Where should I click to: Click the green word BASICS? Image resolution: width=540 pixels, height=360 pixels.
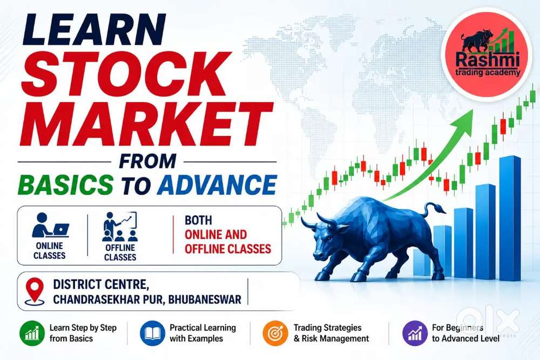tap(65, 185)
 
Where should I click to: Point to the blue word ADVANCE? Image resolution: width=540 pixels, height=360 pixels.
tap(217, 185)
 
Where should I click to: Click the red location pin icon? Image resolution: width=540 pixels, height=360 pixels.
tap(35, 291)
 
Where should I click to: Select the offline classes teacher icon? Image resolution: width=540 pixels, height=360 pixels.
tap(120, 227)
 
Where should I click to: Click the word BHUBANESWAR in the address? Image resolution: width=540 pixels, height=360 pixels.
tap(205, 300)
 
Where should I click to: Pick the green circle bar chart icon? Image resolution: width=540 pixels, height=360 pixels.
tap(32, 333)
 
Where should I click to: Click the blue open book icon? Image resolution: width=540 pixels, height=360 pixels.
tap(153, 333)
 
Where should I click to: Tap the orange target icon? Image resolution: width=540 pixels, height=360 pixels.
tap(275, 333)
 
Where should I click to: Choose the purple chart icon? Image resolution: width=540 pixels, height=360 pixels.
tap(415, 333)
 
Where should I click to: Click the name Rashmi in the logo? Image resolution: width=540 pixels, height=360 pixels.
tap(487, 59)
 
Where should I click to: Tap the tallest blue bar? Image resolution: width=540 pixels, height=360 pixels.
tap(510, 218)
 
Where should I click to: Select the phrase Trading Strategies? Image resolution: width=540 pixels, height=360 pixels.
tap(328, 328)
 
